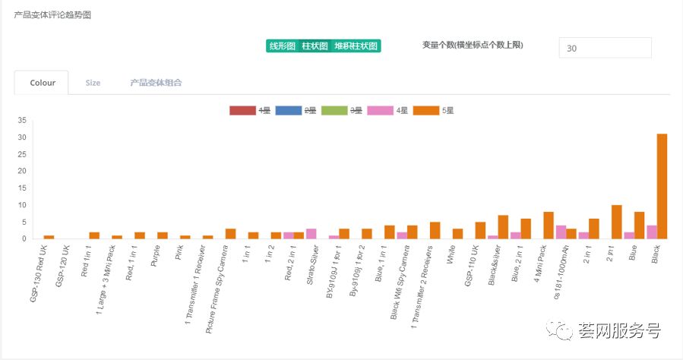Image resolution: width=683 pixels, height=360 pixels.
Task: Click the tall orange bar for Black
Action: pyautogui.click(x=662, y=186)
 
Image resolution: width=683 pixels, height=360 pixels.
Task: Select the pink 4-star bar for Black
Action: pyautogui.click(x=651, y=232)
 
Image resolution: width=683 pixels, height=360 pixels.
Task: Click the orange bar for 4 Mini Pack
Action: pyautogui.click(x=549, y=225)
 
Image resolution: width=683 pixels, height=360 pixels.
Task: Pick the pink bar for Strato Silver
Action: pyautogui.click(x=311, y=233)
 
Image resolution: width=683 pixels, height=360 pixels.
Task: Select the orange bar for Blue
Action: pyautogui.click(x=640, y=225)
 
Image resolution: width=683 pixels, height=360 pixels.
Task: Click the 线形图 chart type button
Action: pyautogui.click(x=282, y=46)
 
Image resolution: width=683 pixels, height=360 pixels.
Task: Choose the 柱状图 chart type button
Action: pyautogui.click(x=315, y=46)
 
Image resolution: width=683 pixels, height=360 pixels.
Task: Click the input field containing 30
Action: pyautogui.click(x=605, y=48)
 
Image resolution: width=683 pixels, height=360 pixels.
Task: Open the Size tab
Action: pyautogui.click(x=93, y=83)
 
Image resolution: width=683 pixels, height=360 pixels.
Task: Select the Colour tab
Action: pyautogui.click(x=43, y=83)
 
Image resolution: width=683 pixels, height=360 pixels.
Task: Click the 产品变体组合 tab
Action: pyautogui.click(x=156, y=83)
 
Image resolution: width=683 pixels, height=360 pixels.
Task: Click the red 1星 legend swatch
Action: pyautogui.click(x=242, y=110)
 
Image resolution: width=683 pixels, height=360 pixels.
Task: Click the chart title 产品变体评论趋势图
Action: pyautogui.click(x=52, y=15)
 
